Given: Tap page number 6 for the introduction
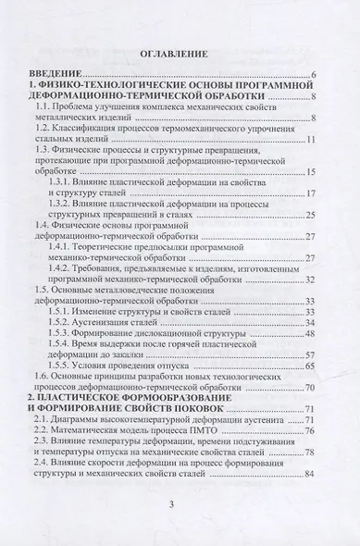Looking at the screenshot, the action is click(316, 74).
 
